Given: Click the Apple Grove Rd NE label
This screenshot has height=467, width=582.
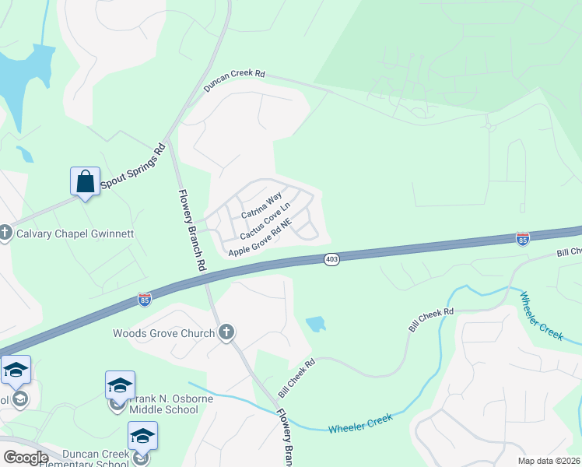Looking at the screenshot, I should (259, 238).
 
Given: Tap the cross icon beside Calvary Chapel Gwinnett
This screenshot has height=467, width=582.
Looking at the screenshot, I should (5, 232).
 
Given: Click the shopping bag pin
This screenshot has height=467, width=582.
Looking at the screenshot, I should (84, 182).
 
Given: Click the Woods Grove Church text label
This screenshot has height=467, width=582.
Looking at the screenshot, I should (163, 333).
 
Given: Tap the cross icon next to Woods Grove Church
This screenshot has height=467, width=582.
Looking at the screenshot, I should (226, 333).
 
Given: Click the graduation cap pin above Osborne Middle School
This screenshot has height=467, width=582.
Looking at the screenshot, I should (120, 385).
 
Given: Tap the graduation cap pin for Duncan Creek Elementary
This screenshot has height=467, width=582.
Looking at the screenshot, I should (143, 436).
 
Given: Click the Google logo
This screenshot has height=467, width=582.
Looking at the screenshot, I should (25, 457).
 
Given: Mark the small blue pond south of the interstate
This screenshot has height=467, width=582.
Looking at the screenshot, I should (316, 323).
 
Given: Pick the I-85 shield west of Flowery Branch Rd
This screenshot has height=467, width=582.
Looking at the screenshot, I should (144, 299).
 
